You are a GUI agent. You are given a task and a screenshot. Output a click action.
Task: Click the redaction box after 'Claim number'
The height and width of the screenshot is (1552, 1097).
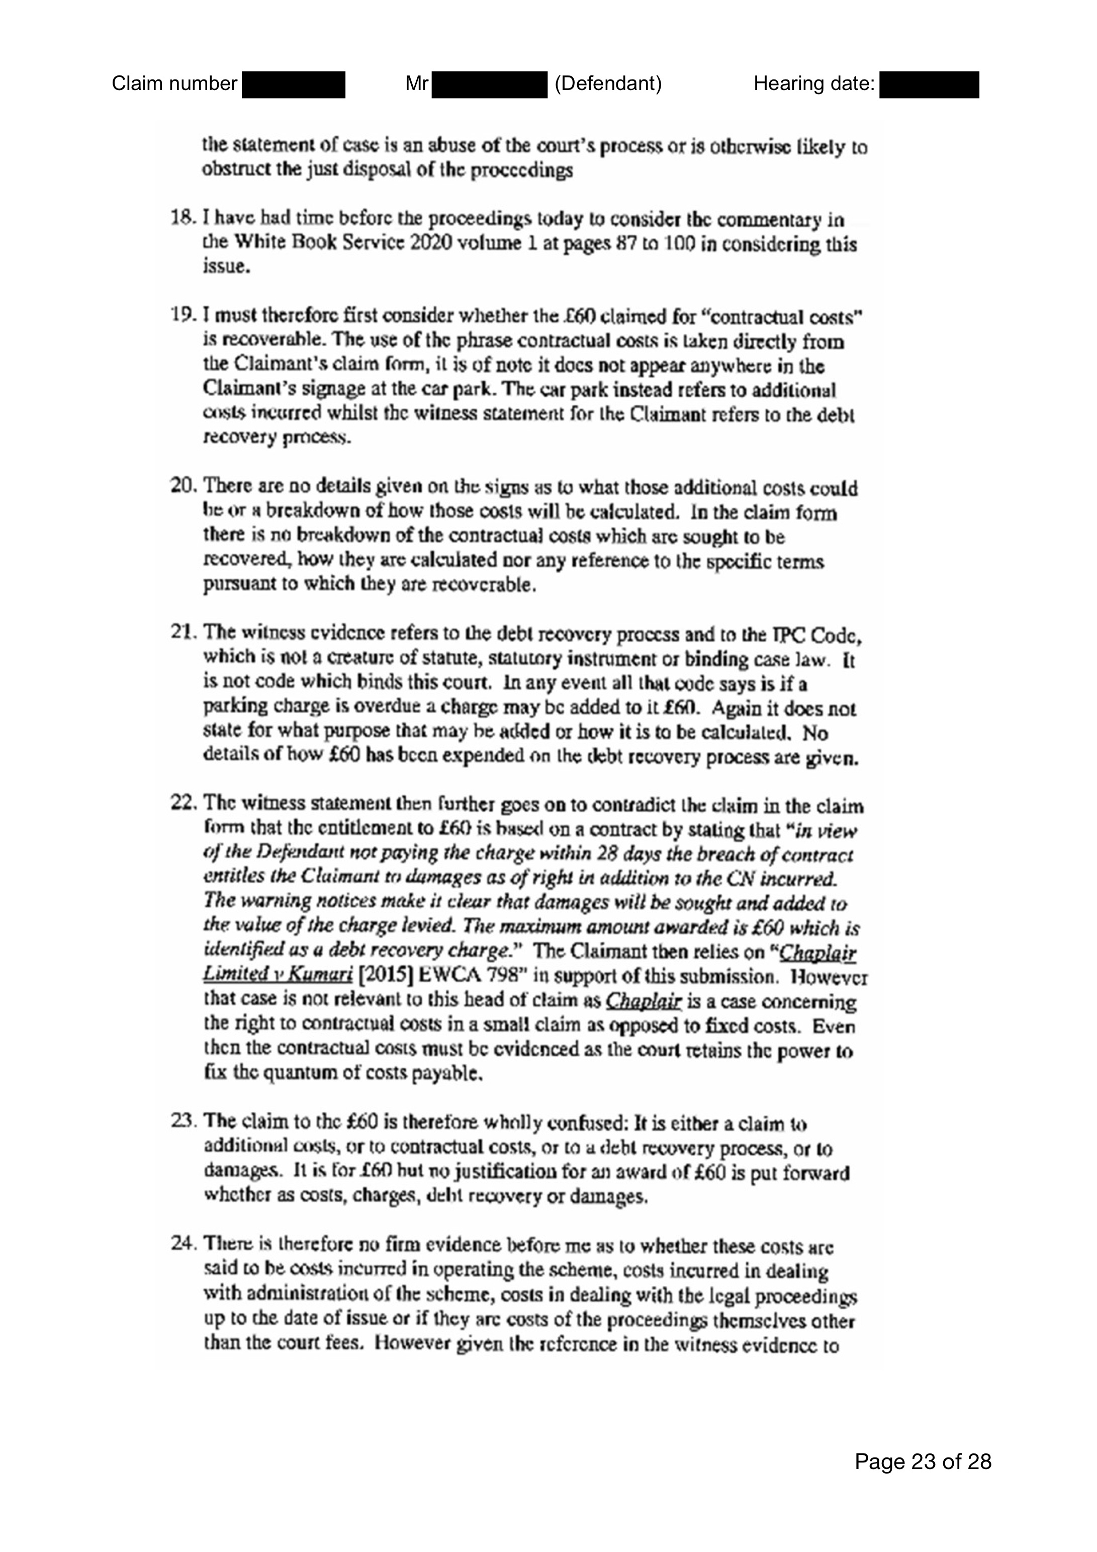293,84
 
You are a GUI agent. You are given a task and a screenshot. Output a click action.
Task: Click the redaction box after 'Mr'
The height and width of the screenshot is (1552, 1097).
489,84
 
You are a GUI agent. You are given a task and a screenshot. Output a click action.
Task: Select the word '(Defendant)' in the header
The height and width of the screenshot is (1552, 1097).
608,84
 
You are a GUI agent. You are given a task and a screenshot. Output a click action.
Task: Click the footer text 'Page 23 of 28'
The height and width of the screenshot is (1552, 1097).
923,1462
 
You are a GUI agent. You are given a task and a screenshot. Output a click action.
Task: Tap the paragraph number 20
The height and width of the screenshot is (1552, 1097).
181,486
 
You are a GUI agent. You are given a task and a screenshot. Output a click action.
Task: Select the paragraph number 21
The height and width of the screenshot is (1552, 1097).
180,633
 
